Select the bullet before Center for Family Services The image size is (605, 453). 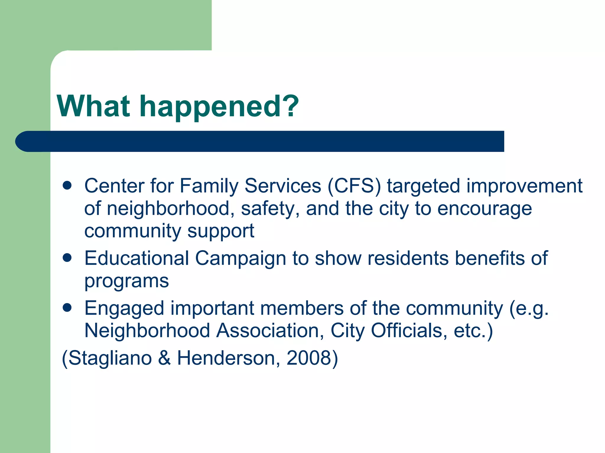point(67,186)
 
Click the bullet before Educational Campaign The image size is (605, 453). point(67,258)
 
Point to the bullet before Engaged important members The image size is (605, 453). point(67,308)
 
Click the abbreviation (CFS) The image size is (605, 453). point(354,186)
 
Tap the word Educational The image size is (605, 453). point(136,258)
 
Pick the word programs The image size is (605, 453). point(126,281)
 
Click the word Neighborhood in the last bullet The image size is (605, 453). point(147,330)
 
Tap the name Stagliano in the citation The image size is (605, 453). point(110,358)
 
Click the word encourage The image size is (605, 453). point(484,209)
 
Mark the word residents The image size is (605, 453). point(408,258)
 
